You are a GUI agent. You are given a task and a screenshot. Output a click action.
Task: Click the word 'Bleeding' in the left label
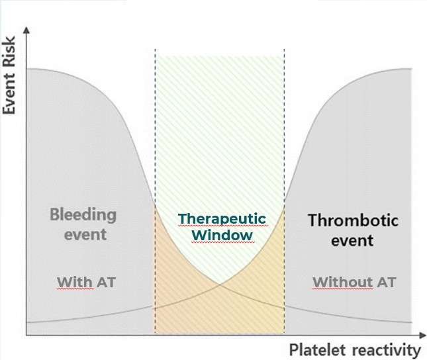point(83,215)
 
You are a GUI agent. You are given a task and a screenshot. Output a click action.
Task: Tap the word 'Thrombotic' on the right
point(353,220)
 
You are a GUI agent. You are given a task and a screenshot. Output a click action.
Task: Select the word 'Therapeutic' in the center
point(222,219)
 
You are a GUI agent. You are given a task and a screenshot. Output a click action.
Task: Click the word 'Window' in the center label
point(222,235)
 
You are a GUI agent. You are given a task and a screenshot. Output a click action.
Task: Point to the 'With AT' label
point(86,283)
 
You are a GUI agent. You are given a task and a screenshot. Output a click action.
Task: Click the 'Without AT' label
point(354,283)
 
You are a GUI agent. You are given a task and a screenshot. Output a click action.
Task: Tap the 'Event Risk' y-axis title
point(9,83)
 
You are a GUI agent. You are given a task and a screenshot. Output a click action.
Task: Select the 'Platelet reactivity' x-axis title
point(354,349)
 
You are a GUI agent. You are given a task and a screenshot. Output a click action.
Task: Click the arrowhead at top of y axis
point(26,30)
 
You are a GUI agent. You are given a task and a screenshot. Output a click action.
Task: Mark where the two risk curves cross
point(220,285)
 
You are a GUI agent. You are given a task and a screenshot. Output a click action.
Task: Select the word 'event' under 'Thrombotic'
point(353,240)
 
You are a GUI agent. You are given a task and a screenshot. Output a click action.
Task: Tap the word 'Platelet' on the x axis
point(314,349)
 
